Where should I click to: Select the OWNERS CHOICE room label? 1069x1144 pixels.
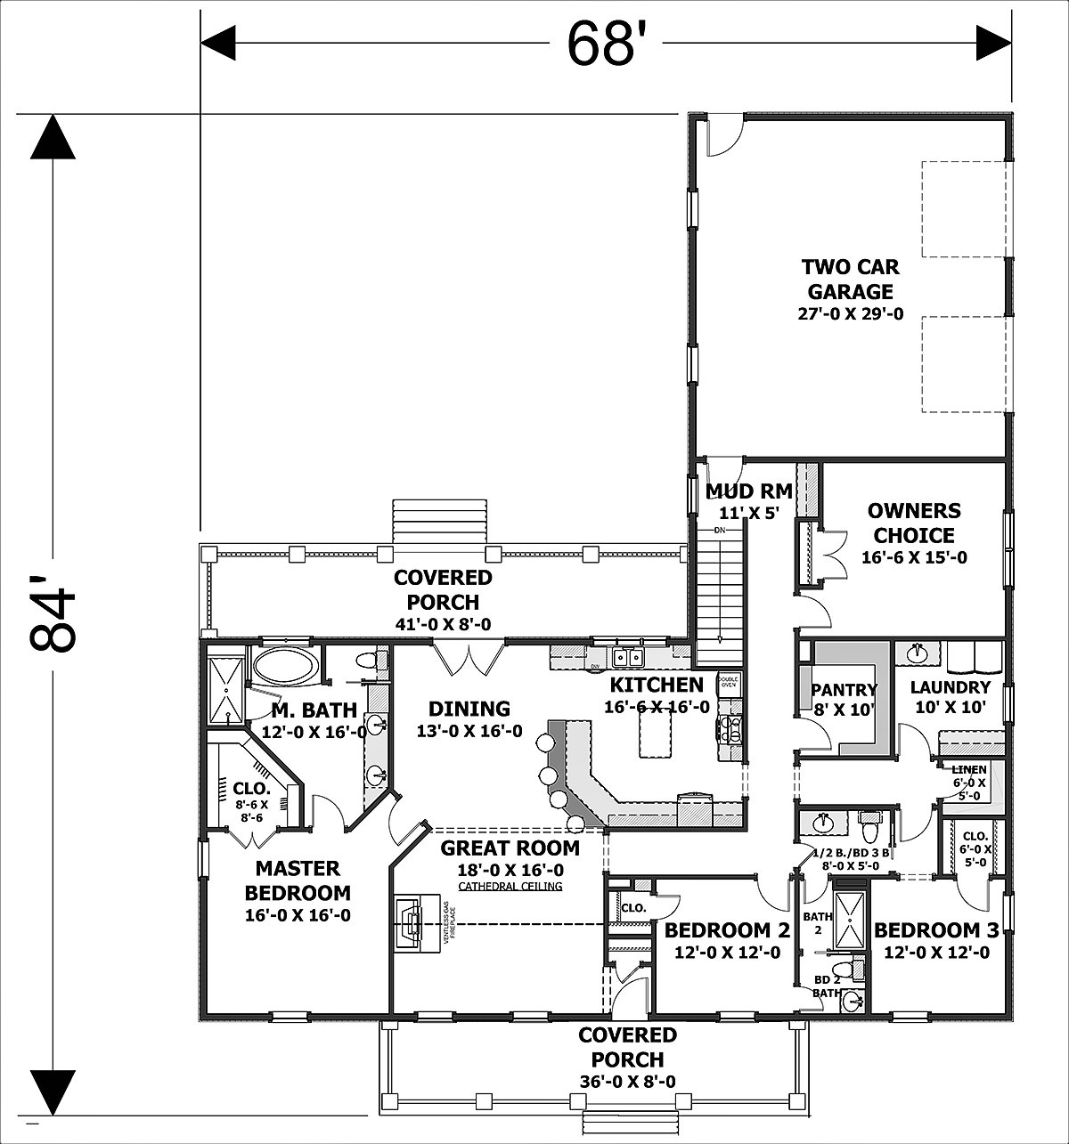click(914, 523)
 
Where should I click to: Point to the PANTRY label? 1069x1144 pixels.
click(844, 690)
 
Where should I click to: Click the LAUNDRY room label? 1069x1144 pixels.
click(950, 687)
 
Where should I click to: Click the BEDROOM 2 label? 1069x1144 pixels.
click(727, 931)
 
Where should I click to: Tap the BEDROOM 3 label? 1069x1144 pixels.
click(932, 931)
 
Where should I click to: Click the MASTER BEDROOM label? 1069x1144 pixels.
click(298, 880)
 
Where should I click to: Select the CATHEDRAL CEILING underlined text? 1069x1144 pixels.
click(510, 887)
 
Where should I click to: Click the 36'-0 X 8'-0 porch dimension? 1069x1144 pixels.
click(627, 1082)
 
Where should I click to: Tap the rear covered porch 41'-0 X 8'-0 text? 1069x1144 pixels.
click(443, 625)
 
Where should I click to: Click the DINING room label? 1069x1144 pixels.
click(469, 710)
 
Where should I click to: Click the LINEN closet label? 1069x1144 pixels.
click(968, 770)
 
